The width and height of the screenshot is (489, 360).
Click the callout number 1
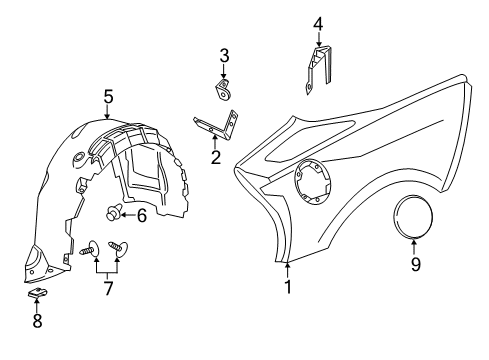pyautogui.click(x=288, y=288)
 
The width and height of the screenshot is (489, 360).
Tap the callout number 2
pyautogui.click(x=215, y=157)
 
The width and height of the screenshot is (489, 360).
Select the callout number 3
pyautogui.click(x=225, y=55)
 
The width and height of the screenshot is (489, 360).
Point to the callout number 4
pyautogui.click(x=318, y=23)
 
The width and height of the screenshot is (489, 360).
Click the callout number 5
pyautogui.click(x=108, y=97)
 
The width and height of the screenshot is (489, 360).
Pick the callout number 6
pyautogui.click(x=141, y=213)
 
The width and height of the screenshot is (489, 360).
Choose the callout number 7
pyautogui.click(x=108, y=288)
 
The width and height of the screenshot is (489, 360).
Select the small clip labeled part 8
pyautogui.click(x=36, y=293)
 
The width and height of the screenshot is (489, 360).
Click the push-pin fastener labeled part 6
pyautogui.click(x=115, y=211)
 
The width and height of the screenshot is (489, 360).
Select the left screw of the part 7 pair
pyautogui.click(x=89, y=249)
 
